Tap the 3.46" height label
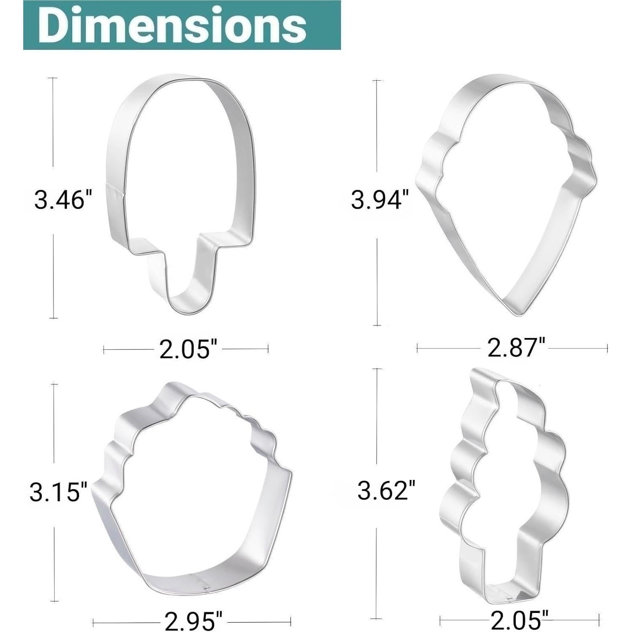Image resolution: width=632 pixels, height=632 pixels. coord(63,199)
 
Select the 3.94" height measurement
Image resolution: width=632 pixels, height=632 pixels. coord(381,199)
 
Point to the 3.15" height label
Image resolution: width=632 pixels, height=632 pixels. coord(58,492)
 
